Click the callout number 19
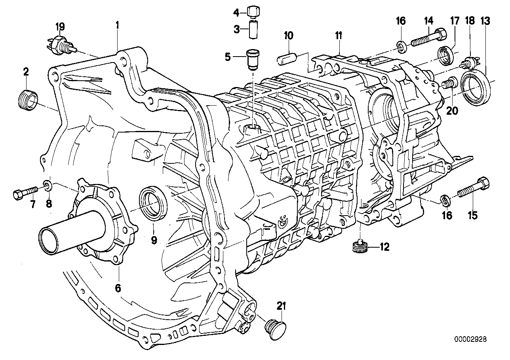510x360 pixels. (60, 27)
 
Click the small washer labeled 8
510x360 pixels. (47, 185)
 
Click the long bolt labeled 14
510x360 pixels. (428, 40)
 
